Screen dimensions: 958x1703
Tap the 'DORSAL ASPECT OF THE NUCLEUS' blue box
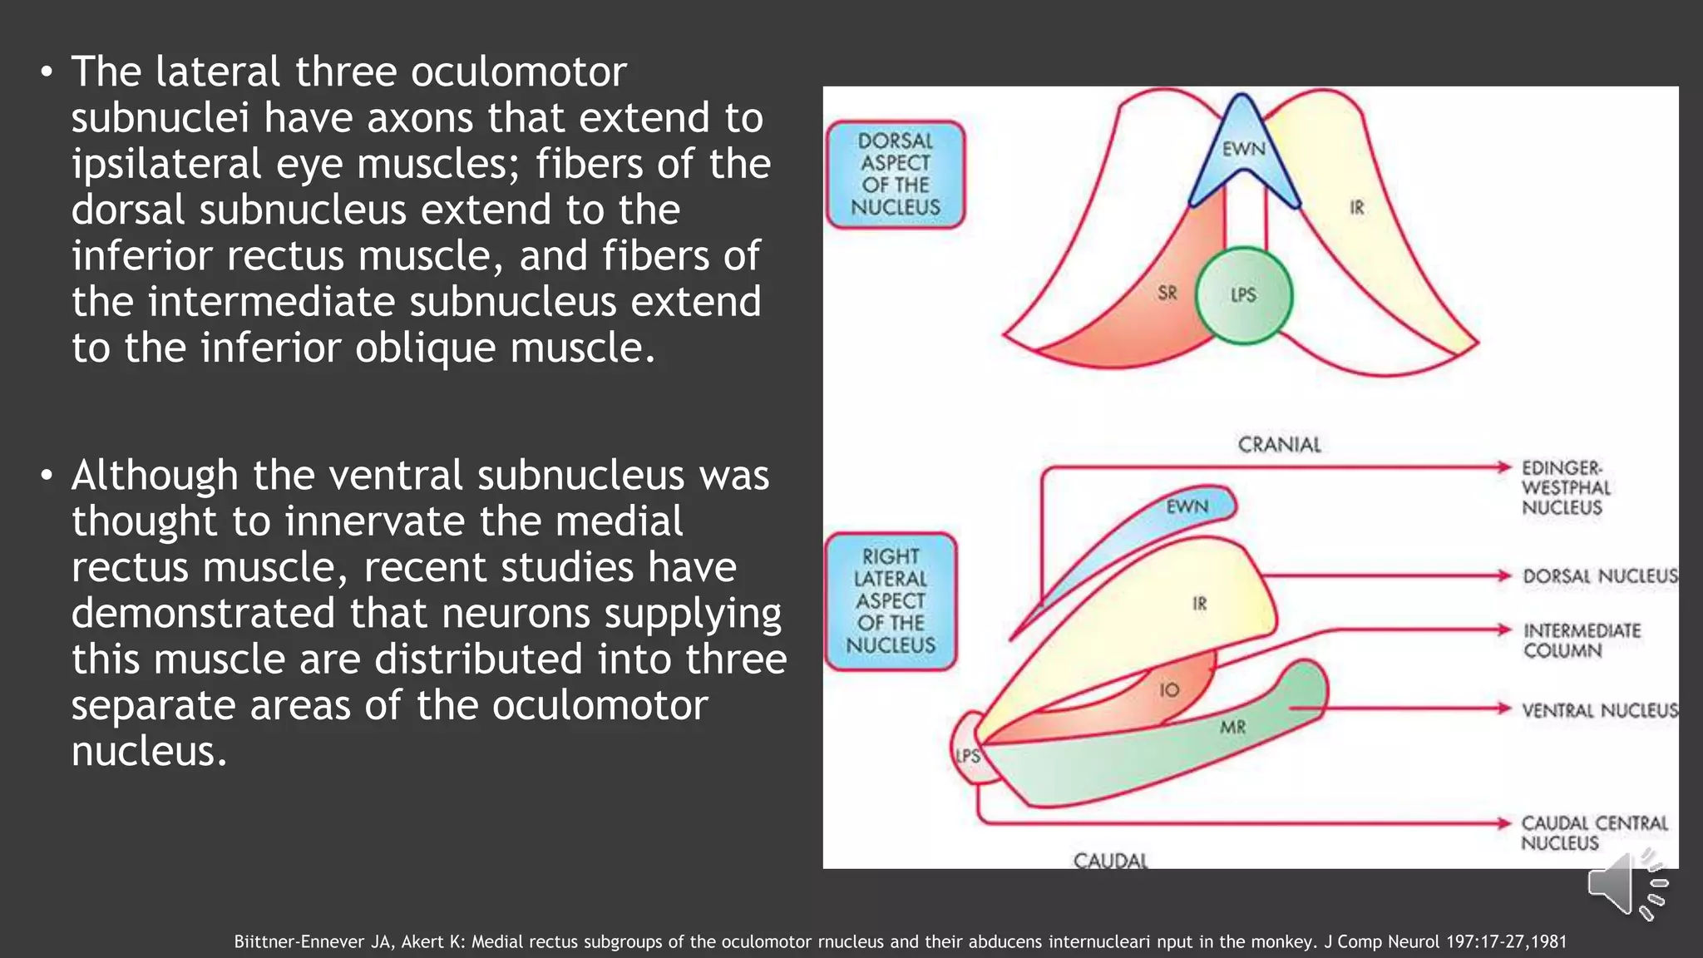click(896, 175)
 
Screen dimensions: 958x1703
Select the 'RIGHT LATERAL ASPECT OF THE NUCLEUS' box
click(891, 601)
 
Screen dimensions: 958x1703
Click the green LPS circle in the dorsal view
click(1243, 295)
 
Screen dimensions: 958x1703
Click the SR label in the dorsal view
click(1167, 293)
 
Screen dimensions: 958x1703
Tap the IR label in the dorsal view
click(1356, 207)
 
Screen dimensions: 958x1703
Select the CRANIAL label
click(1279, 445)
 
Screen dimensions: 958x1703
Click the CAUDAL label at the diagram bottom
click(1110, 860)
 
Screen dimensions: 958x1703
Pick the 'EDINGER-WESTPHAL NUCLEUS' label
click(1565, 488)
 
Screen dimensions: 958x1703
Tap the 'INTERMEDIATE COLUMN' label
click(1582, 640)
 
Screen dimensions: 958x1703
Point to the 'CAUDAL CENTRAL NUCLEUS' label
click(1594, 832)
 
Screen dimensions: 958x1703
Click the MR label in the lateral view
click(1232, 728)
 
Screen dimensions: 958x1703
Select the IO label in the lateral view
click(1169, 689)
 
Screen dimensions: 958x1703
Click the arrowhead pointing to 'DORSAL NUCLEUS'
click(1503, 575)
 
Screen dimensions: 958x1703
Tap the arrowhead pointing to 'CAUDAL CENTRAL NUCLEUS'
click(1503, 823)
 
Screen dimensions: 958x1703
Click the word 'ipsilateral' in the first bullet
click(165, 164)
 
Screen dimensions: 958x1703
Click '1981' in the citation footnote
click(1548, 942)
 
